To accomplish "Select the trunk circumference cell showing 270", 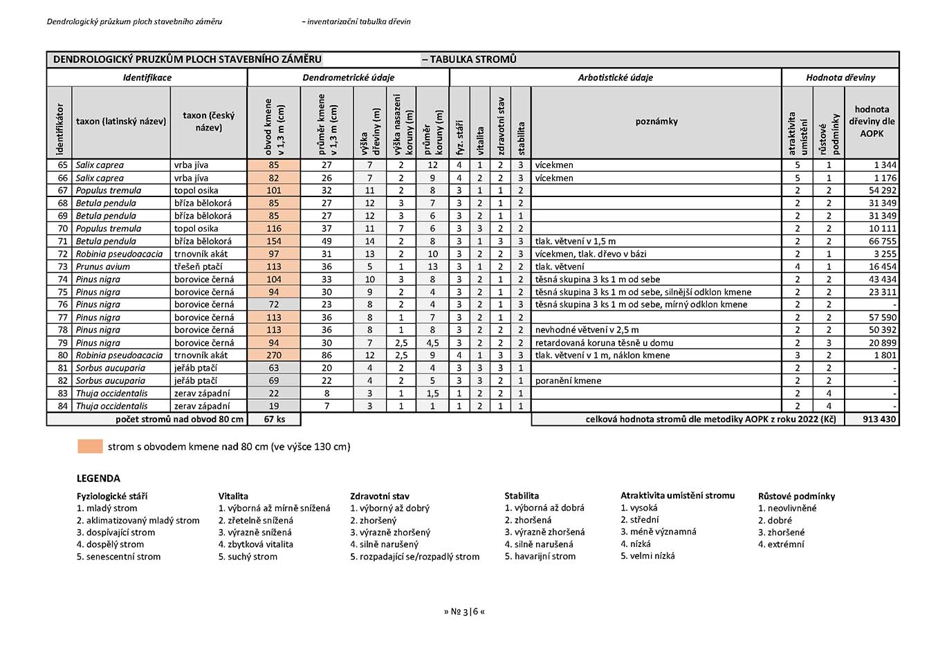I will click(x=274, y=355).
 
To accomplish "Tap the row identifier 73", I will click(x=63, y=266).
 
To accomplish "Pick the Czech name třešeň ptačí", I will click(x=198, y=266).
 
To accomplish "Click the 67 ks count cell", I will click(x=274, y=419).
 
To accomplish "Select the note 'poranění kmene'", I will click(x=568, y=380).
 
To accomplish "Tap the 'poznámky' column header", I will click(x=656, y=121).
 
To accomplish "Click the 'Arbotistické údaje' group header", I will click(x=615, y=77).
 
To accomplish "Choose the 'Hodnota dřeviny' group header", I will click(x=840, y=77).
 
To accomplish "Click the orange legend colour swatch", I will click(x=90, y=446).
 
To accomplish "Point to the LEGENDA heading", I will click(x=98, y=478).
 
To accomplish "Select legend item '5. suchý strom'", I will click(x=248, y=556).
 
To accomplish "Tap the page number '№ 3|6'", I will click(x=464, y=611).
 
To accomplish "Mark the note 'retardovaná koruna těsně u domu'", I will click(x=604, y=342).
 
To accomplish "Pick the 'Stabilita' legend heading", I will click(x=522, y=495).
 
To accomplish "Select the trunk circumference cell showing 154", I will click(x=274, y=241).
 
